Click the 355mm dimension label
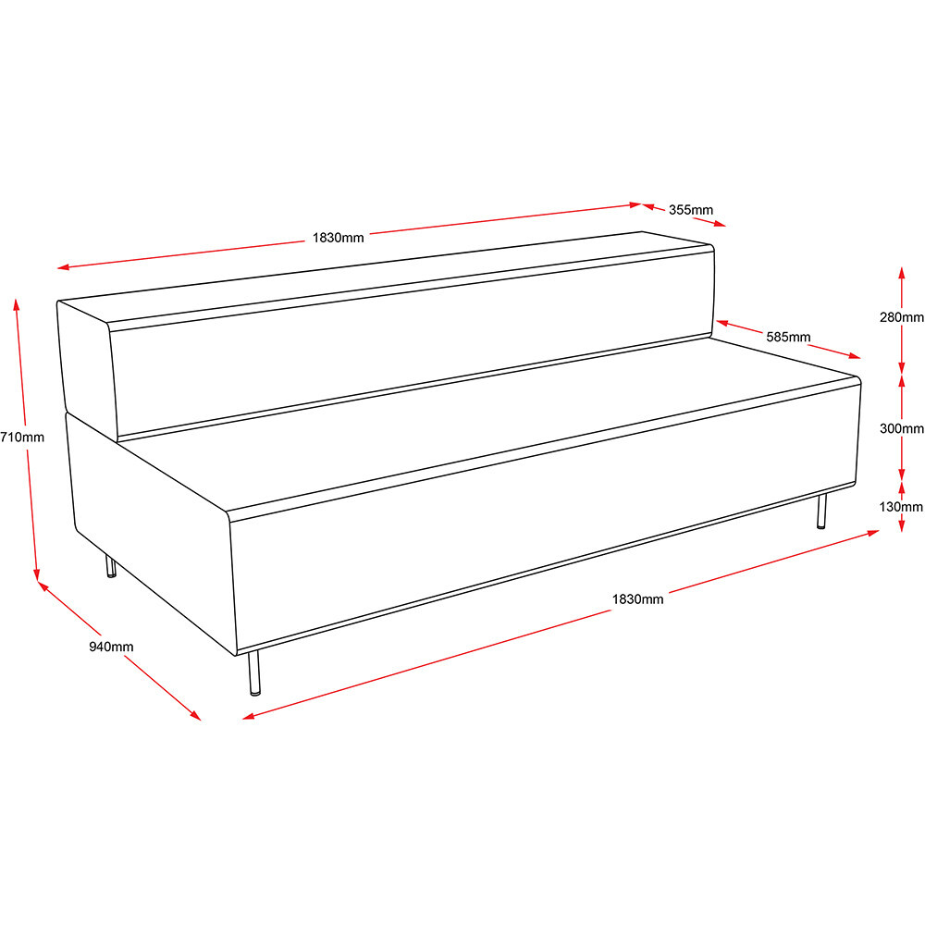click(x=690, y=210)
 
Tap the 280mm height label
click(x=901, y=317)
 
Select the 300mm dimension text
click(x=901, y=429)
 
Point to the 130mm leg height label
click(x=901, y=507)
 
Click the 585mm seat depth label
click(x=788, y=337)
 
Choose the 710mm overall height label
click(x=22, y=438)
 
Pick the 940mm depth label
click(x=111, y=647)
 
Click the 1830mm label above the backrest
click(x=338, y=238)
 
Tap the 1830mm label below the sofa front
click(x=637, y=599)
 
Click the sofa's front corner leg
click(x=253, y=673)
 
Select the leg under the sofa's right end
click(x=821, y=512)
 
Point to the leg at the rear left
click(x=110, y=566)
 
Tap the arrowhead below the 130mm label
click(x=901, y=525)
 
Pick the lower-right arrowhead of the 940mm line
click(x=195, y=716)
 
